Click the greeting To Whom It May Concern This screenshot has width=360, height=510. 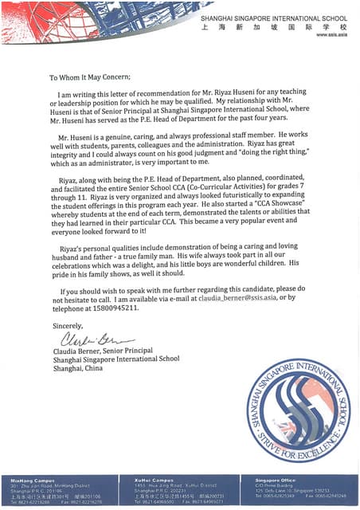[x=88, y=78]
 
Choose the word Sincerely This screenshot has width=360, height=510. [x=65, y=327]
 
